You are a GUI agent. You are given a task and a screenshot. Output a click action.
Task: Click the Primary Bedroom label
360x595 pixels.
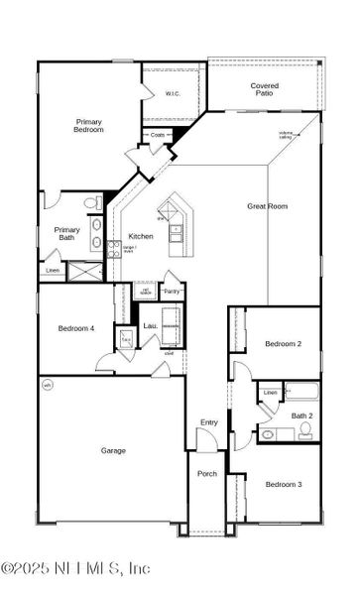point(89,125)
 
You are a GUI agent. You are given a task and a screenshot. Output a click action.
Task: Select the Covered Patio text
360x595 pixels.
point(264,90)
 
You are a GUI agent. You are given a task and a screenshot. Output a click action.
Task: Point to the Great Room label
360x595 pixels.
point(267,206)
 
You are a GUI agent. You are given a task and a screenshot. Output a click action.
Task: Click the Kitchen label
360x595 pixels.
point(140,237)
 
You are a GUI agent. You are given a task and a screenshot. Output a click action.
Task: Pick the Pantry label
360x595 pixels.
point(172,292)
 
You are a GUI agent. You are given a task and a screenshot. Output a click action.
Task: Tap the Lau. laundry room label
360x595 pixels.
point(151,325)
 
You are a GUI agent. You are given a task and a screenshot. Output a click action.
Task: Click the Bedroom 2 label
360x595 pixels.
point(282,344)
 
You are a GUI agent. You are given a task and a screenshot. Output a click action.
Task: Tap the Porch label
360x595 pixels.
point(206,474)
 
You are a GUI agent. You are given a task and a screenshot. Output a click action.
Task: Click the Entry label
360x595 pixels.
point(208,422)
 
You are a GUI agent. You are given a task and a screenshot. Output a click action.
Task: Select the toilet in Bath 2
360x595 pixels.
point(305,430)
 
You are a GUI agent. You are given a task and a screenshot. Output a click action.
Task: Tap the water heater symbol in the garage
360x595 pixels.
point(47,385)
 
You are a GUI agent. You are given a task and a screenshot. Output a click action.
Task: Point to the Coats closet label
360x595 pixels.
point(159,135)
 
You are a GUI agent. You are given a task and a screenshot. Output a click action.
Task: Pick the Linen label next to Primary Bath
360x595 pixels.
point(53,271)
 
